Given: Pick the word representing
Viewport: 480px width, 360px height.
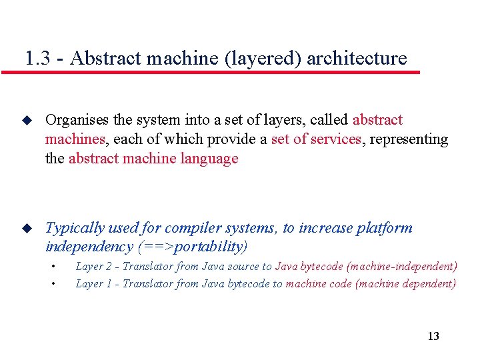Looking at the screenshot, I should point(409,139).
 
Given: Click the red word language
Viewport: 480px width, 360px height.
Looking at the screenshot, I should point(208,159).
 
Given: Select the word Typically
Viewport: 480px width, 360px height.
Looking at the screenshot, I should point(75,228).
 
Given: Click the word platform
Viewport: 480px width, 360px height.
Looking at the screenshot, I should point(385,228).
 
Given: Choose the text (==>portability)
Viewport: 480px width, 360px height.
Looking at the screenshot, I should point(192,247).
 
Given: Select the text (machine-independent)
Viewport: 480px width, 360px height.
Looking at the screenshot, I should point(401,266).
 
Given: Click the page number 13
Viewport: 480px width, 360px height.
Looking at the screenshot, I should point(433,336).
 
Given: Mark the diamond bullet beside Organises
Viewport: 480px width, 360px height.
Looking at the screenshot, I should point(27,121).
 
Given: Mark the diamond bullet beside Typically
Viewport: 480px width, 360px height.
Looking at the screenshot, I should point(27,228).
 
